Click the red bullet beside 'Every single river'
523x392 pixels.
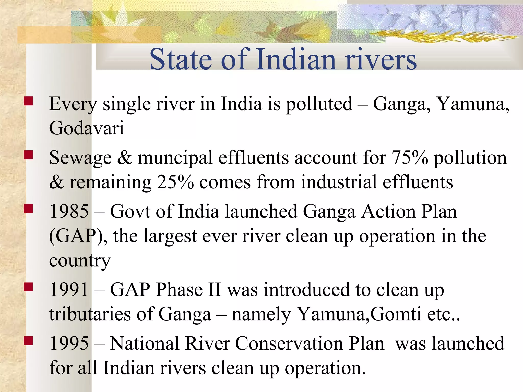point(28,101)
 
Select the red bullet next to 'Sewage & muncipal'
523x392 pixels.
point(28,155)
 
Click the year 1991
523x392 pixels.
point(69,290)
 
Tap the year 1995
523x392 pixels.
point(69,344)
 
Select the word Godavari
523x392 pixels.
point(86,128)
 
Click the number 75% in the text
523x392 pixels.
point(410,158)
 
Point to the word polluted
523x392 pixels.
point(319,104)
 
